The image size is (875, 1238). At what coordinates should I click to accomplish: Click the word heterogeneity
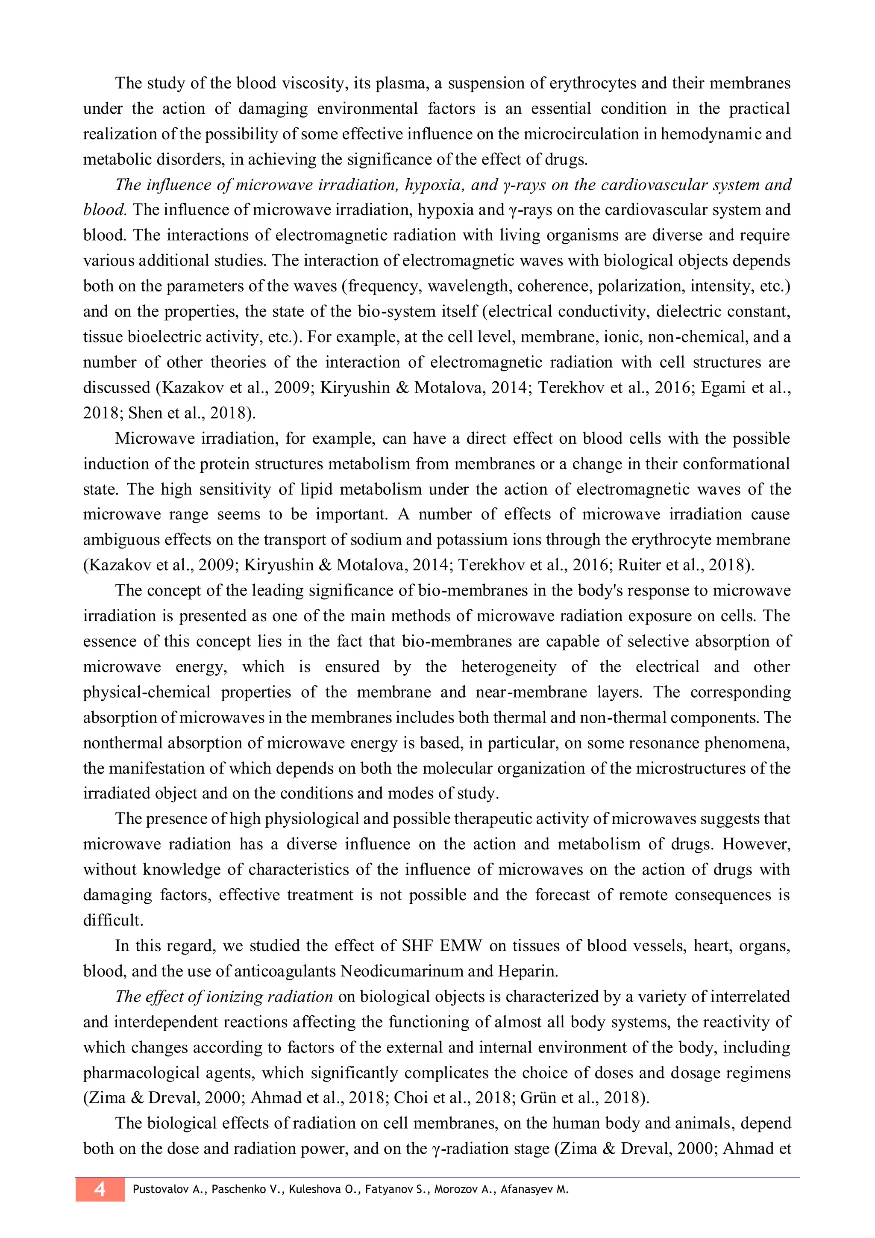(x=508, y=667)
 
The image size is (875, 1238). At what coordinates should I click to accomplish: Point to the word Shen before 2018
(x=145, y=413)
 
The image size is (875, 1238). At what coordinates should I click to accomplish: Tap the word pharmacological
(x=142, y=1073)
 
